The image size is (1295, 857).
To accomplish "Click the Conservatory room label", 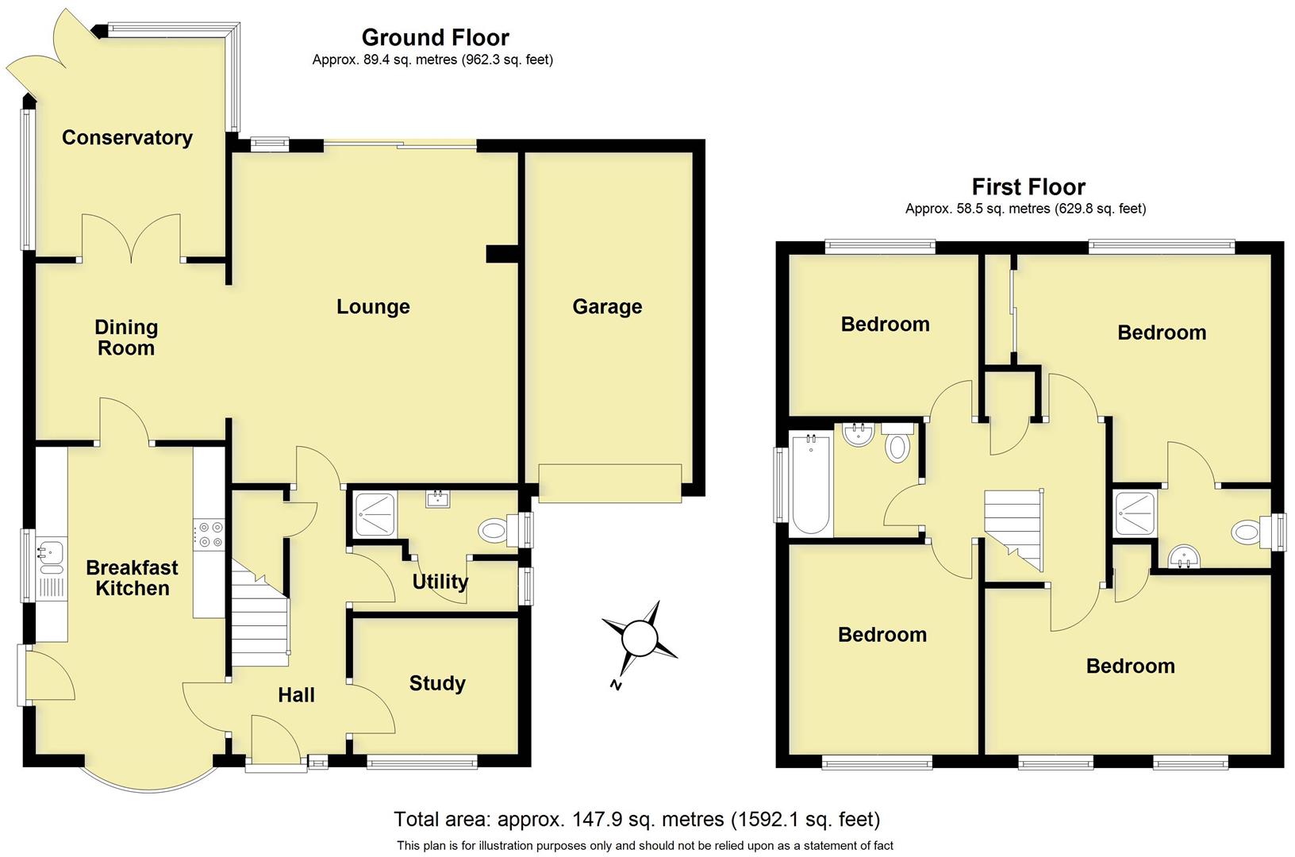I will coord(127,138).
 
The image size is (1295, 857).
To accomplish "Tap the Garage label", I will coord(607,307).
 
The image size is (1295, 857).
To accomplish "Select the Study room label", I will coord(437,684).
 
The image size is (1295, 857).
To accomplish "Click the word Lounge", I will coord(373,307).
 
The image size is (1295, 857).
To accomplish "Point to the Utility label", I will coord(440,582).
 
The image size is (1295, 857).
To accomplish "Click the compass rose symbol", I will coord(640,638).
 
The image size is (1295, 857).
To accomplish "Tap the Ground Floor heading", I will coord(435,37).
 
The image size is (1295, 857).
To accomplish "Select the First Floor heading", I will coord(1028,187).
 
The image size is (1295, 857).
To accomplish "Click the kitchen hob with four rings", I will coord(210,533).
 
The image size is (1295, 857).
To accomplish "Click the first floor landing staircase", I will coord(1013,524).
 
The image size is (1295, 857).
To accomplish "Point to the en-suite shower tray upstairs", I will coord(1135,513).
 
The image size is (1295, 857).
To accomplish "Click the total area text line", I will coord(636,819).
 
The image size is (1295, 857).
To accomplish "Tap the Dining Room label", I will coord(126,338).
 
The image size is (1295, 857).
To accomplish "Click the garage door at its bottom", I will coord(609,483).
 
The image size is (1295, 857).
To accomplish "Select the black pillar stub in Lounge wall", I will coord(501,253).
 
